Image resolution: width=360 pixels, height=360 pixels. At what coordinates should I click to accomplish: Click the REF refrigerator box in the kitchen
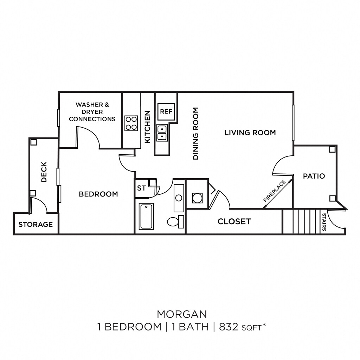(166, 111)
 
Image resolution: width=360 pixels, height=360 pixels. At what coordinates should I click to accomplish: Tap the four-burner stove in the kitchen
(131, 123)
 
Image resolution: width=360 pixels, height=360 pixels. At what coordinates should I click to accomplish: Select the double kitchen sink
(162, 133)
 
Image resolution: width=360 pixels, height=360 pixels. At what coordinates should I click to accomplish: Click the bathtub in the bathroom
(146, 216)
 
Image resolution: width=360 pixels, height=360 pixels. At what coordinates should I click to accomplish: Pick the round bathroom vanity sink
(179, 198)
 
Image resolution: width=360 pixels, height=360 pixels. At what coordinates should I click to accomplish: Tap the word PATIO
(314, 176)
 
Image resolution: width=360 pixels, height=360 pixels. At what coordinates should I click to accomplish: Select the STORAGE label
(36, 224)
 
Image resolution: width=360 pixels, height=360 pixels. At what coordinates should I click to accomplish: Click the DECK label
(44, 172)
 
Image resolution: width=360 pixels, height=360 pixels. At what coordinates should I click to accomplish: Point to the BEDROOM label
(98, 194)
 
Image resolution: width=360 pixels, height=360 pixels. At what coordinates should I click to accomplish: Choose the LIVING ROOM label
(250, 133)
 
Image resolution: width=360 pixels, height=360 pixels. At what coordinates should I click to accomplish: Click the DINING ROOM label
(196, 134)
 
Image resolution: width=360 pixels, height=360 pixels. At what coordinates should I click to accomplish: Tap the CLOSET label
(234, 221)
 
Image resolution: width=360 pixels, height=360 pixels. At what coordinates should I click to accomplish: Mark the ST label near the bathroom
(141, 188)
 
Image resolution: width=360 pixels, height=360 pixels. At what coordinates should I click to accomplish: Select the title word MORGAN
(182, 313)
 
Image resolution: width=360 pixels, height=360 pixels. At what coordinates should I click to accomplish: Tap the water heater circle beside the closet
(197, 198)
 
